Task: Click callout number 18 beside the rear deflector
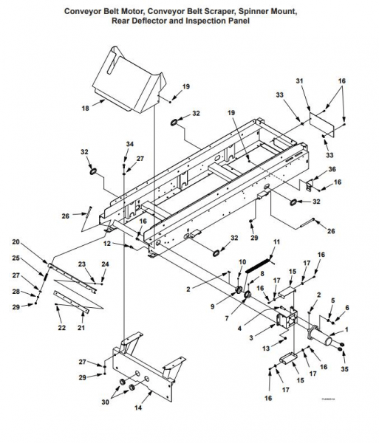[x=85, y=108]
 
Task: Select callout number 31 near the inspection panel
[x=299, y=80]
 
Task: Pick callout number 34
[x=129, y=144]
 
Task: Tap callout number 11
[x=277, y=242]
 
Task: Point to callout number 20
[x=16, y=242]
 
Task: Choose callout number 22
[x=61, y=326]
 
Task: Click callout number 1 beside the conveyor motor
[x=349, y=322]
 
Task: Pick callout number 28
[x=16, y=292]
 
